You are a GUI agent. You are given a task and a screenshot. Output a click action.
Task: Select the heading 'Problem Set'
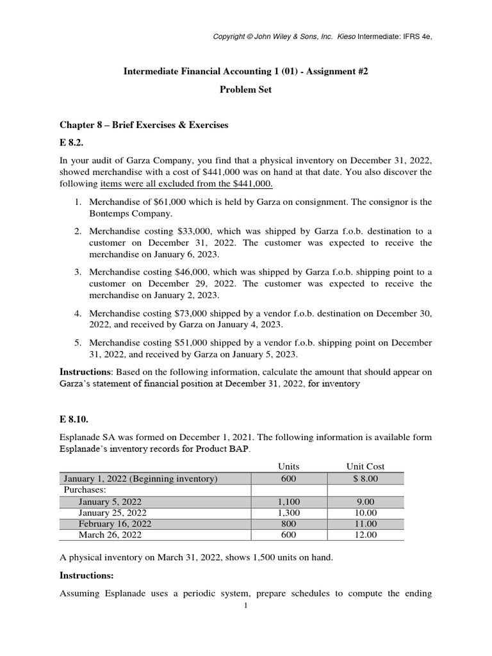click(246, 90)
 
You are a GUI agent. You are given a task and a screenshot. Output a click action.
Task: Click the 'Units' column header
click(288, 466)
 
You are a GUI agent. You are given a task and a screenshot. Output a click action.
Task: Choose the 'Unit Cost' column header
click(365, 466)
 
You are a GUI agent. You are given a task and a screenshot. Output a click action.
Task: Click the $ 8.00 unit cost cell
click(365, 479)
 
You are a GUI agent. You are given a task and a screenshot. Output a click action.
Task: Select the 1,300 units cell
click(288, 512)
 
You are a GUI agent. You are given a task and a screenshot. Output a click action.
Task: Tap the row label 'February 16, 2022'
click(115, 523)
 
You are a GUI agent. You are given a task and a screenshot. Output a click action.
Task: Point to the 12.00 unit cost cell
click(365, 534)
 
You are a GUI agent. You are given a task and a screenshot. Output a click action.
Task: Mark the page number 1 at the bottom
click(245, 606)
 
